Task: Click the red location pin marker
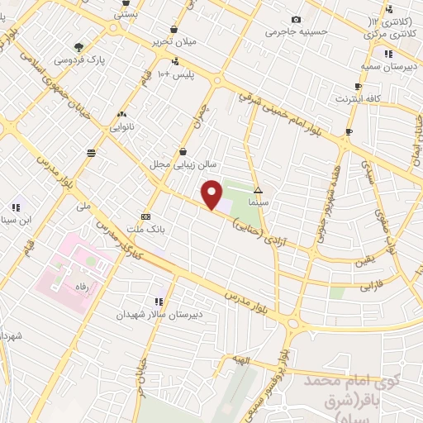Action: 212,195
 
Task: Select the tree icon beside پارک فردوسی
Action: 78,47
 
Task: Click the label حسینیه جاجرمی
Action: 297,32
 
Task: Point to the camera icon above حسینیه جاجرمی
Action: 296,20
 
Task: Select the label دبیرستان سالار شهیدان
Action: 147,315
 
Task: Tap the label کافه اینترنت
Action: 358,98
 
